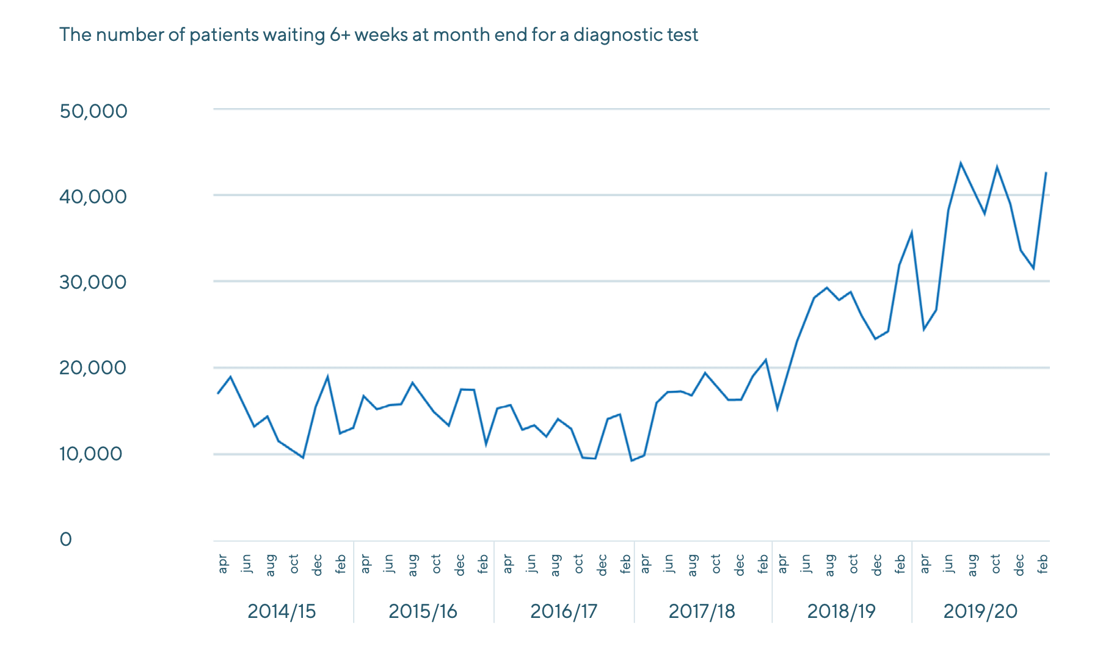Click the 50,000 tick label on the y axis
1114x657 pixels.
tap(93, 111)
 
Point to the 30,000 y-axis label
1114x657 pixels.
tap(93, 282)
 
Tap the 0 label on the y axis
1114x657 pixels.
tap(66, 539)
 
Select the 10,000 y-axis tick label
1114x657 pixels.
tap(91, 454)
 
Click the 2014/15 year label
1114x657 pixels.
tap(282, 611)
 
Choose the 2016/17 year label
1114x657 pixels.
tap(563, 611)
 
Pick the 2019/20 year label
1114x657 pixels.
tap(980, 611)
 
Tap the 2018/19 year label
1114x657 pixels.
tap(841, 611)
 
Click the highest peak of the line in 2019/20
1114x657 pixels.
tap(961, 163)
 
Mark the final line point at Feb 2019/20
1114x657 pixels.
tap(1046, 173)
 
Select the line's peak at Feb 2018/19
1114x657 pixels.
tap(912, 233)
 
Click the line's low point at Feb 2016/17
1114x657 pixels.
tap(632, 460)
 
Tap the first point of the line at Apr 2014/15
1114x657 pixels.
tap(218, 393)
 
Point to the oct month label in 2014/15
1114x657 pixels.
tap(294, 564)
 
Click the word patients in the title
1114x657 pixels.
tap(224, 35)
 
